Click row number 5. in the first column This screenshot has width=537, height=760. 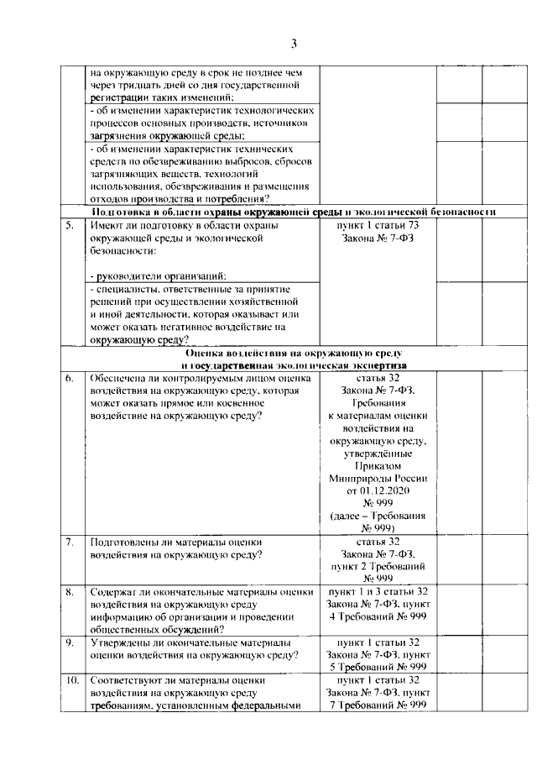[70, 226]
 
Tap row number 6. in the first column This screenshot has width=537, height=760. [70, 379]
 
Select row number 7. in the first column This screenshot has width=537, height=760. [70, 542]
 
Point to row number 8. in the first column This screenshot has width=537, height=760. [70, 592]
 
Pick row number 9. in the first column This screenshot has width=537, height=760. [70, 642]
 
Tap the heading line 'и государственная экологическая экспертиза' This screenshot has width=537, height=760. [293, 366]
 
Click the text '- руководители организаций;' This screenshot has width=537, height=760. [157, 275]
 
